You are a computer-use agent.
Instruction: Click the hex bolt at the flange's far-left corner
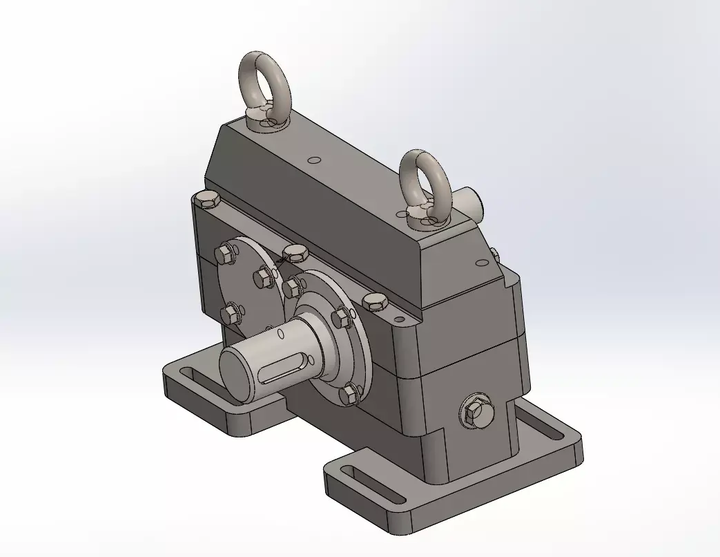tap(206, 200)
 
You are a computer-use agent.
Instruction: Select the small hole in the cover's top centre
tap(315, 160)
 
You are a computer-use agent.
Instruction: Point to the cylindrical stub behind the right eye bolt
tap(471, 202)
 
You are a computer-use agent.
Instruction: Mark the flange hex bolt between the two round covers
tap(295, 252)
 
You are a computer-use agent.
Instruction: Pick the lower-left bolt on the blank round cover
tap(230, 313)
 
